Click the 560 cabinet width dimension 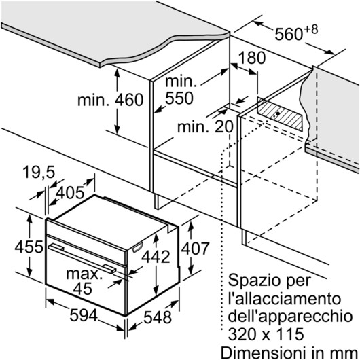click(289, 34)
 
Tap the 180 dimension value click(252, 58)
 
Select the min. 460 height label click(111, 100)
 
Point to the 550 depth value click(179, 98)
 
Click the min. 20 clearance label click(205, 127)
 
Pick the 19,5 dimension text click(39, 173)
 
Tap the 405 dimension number click(70, 193)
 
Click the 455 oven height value click(29, 247)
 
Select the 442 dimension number click(156, 257)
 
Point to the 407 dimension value click(195, 249)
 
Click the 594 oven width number click(84, 315)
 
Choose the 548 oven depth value click(158, 317)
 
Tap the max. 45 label click(84, 281)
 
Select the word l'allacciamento click(285, 299)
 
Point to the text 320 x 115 click(266, 334)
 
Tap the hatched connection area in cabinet click(280, 114)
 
